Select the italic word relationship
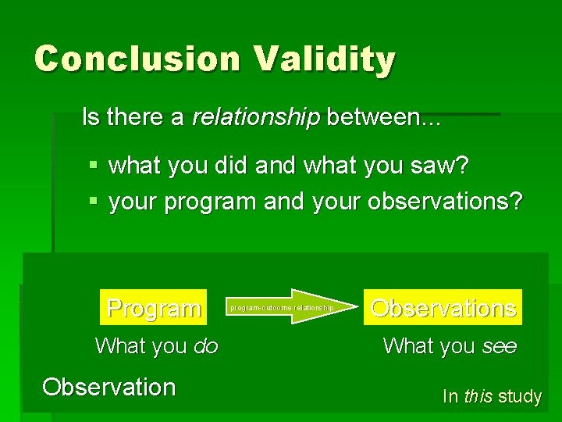256,117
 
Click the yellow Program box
154,308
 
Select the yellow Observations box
443,308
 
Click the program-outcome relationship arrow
285,307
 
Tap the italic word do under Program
205,346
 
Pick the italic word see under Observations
500,346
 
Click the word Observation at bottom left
109,387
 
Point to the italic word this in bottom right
478,396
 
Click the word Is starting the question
91,117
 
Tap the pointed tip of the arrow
343,307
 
